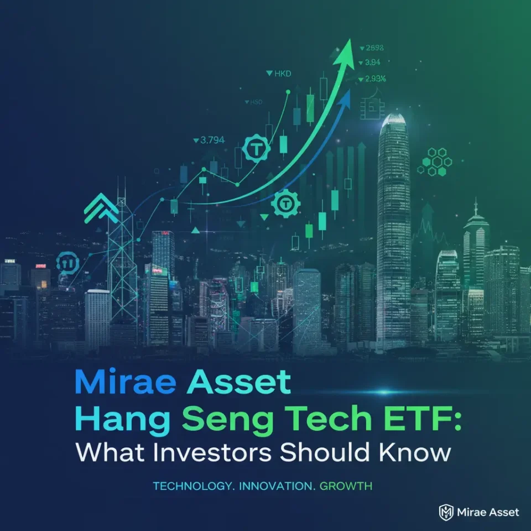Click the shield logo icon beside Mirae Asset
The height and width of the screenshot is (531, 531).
tap(446, 512)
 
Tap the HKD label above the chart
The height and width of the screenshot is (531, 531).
tap(279, 73)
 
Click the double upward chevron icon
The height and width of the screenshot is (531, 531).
tap(100, 210)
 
